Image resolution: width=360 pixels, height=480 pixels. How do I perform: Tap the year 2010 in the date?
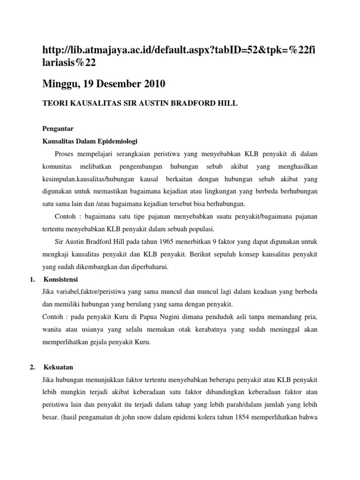click(150, 85)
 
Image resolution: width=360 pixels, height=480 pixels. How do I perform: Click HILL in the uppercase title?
click(227, 104)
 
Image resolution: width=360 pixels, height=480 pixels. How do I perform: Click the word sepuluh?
click(230, 255)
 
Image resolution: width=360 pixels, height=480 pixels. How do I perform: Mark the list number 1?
click(32, 279)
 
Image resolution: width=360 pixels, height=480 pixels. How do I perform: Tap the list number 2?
click(32, 367)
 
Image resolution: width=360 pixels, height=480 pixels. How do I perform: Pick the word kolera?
click(199, 418)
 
